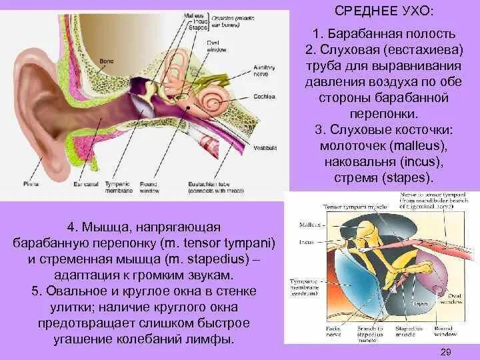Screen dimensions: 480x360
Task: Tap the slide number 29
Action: (x=447, y=351)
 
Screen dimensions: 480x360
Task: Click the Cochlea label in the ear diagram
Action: (x=263, y=96)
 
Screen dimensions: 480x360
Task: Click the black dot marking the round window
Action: (x=191, y=107)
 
